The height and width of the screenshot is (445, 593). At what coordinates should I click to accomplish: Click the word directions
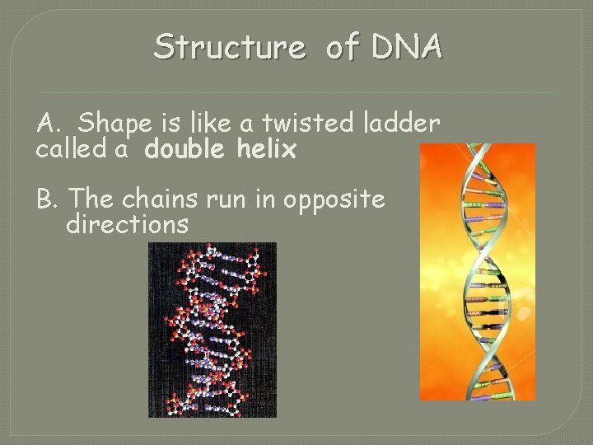[128, 223]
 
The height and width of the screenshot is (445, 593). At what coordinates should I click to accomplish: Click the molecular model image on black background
[212, 330]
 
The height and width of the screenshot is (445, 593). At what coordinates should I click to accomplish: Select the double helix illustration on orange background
[477, 272]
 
